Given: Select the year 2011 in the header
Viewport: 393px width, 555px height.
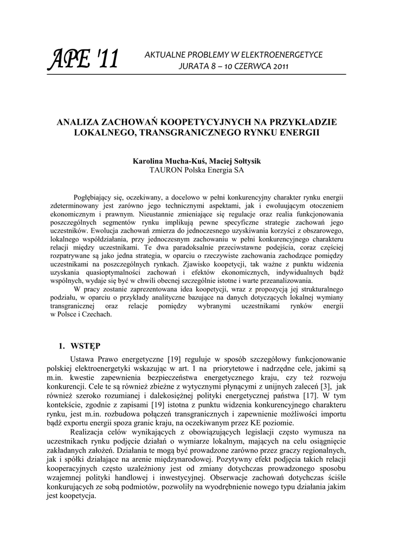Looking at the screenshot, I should click(x=278, y=67).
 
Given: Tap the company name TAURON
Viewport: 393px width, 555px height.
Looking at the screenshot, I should click(x=167, y=170).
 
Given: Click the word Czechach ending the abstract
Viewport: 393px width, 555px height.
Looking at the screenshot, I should click(x=98, y=314).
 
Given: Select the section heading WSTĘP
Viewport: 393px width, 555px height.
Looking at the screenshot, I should click(x=86, y=346).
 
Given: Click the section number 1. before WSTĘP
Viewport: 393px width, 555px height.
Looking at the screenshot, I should click(x=62, y=346).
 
